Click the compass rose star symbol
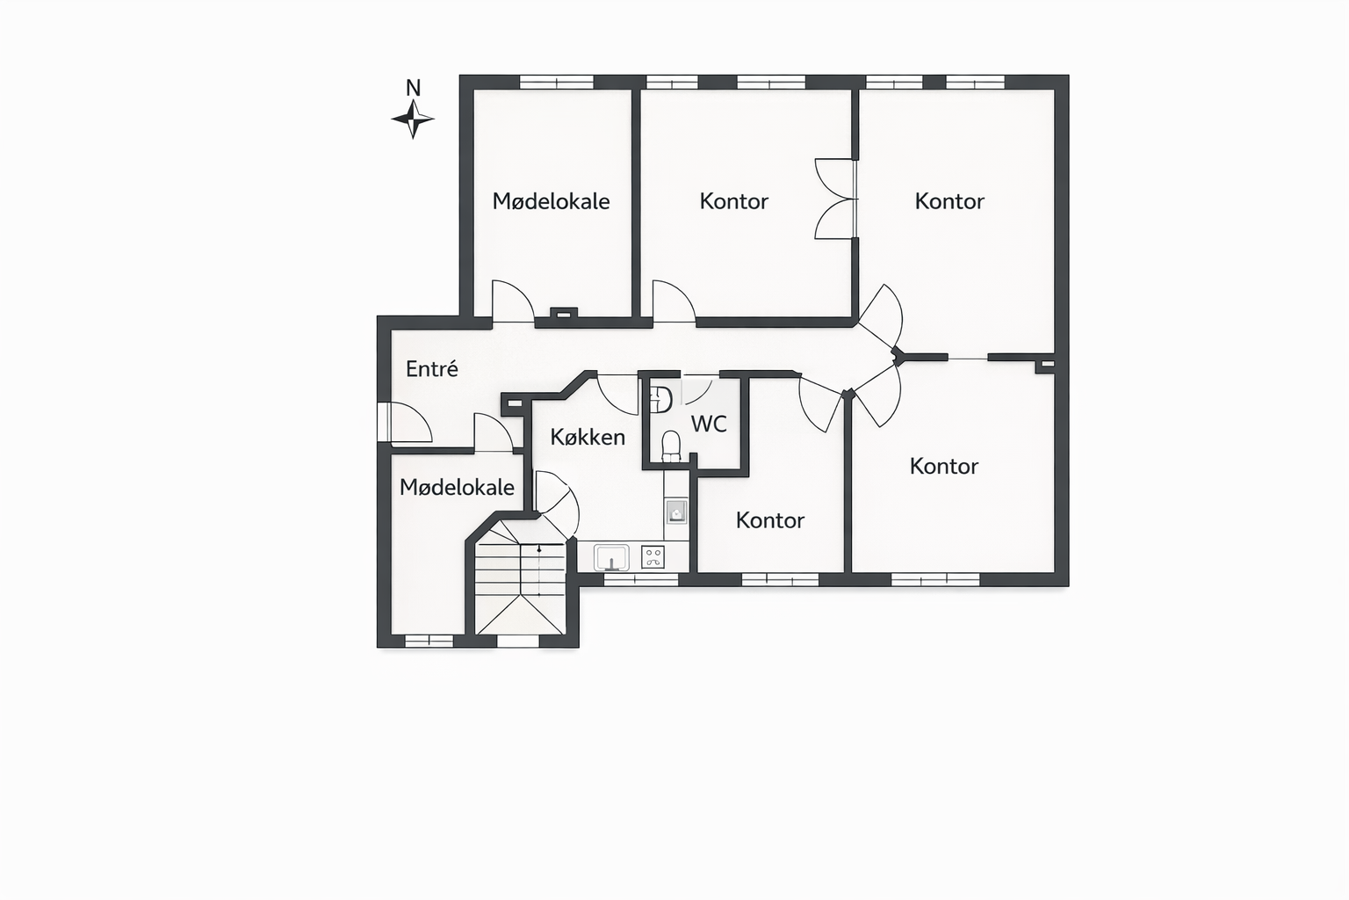click(x=413, y=119)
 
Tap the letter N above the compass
click(x=413, y=88)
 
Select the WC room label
click(x=709, y=424)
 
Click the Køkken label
click(x=588, y=437)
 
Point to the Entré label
click(x=432, y=368)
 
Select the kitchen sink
click(x=611, y=557)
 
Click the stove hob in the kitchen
click(x=653, y=557)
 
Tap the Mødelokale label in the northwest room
click(x=551, y=201)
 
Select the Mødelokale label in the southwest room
click(x=457, y=487)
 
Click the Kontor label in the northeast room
click(x=949, y=201)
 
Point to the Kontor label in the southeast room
click(x=944, y=466)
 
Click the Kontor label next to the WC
click(x=769, y=520)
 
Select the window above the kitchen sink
click(x=641, y=580)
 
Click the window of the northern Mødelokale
click(x=557, y=82)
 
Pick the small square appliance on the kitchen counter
click(x=676, y=512)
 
